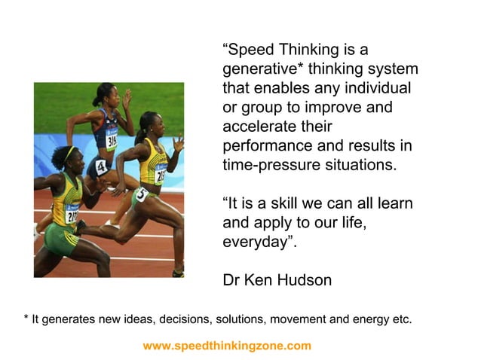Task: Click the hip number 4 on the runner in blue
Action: point(101,167)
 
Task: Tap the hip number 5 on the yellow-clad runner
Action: point(140,194)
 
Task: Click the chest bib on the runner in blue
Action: point(112,140)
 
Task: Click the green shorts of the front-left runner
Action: point(61,238)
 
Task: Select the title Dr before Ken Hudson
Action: point(231,280)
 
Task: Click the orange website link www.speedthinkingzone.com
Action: point(226,346)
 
